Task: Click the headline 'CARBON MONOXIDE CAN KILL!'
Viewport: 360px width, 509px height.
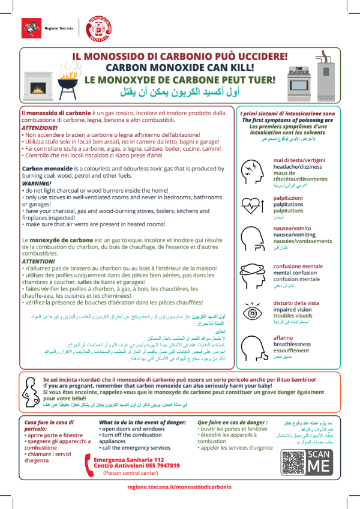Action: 179,67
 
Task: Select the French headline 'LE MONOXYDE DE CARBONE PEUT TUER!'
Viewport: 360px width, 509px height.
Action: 179,79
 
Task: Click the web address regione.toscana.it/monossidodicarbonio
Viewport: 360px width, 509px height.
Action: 179,487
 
